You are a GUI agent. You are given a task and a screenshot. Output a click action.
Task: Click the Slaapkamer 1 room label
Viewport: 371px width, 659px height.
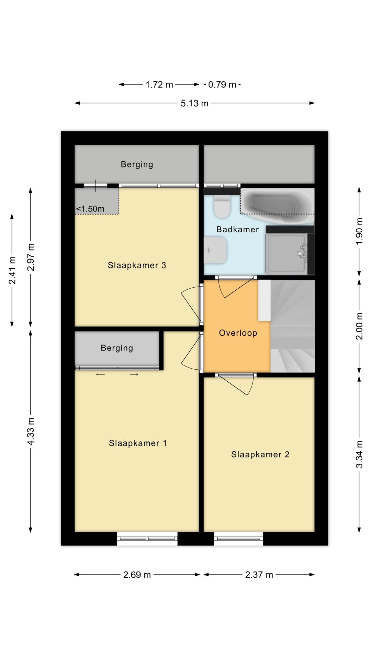tap(138, 443)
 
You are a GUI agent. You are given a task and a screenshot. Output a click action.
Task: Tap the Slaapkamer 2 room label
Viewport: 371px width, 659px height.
tap(260, 454)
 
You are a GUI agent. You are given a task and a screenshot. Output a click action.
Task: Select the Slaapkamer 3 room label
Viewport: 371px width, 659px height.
tap(137, 265)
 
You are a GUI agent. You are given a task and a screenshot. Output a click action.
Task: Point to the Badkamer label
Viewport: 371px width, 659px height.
tap(237, 229)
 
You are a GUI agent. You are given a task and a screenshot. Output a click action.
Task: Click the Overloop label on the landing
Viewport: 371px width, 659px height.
tap(238, 333)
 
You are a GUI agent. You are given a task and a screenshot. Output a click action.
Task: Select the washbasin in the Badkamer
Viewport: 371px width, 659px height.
tap(215, 251)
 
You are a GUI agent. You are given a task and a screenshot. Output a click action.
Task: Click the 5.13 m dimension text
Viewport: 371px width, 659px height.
tap(194, 103)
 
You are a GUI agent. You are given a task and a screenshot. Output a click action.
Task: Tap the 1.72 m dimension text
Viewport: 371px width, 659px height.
tap(159, 84)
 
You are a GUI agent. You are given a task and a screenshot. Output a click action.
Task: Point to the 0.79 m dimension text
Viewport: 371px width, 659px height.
tap(222, 84)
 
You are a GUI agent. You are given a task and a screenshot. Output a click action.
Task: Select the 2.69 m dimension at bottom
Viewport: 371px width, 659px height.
tap(137, 575)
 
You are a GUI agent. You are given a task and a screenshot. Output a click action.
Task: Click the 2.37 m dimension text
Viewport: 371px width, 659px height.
tap(259, 575)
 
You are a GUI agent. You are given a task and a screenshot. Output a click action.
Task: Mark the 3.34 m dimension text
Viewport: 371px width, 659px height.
tap(359, 454)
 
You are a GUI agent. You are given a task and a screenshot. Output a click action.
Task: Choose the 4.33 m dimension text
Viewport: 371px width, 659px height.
tap(31, 431)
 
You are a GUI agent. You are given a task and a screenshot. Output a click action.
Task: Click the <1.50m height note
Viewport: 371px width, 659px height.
tap(90, 209)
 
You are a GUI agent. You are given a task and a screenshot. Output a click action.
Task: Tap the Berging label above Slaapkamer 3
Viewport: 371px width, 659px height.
tap(137, 164)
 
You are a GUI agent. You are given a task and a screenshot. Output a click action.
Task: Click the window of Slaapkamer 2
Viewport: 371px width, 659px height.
tap(239, 538)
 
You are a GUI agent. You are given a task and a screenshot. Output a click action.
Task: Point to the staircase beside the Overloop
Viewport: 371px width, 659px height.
tap(292, 326)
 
